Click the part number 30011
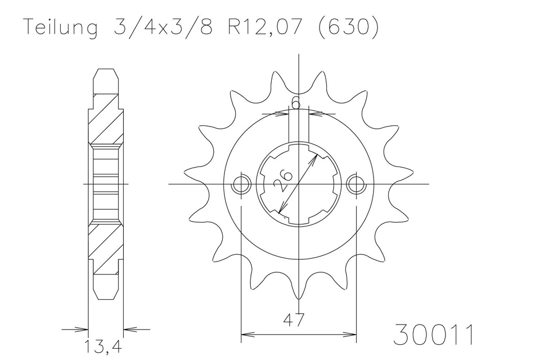click(x=433, y=335)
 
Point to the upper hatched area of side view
click(x=105, y=121)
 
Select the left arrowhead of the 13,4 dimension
click(x=84, y=329)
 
